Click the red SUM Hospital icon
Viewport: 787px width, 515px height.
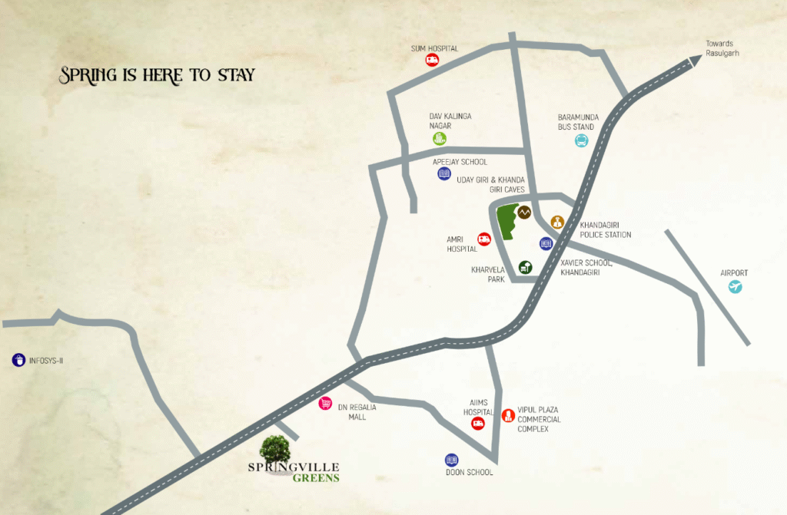[x=433, y=61]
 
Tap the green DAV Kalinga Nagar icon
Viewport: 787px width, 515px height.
[x=439, y=139]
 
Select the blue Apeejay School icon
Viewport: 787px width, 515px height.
[x=443, y=174]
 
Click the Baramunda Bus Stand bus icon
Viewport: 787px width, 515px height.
[x=582, y=140]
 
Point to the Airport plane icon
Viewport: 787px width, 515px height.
[x=736, y=287]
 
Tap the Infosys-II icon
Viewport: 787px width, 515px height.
[x=18, y=359]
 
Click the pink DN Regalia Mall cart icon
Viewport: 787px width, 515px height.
[x=326, y=404]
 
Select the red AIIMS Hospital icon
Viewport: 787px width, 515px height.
[x=477, y=424]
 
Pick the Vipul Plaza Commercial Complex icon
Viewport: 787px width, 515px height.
[x=507, y=416]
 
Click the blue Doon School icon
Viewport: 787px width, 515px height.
[x=451, y=460]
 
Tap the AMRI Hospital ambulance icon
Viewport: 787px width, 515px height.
[x=484, y=239]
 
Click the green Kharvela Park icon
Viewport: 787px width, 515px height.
[x=525, y=267]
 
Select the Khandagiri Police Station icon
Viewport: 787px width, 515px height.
[x=557, y=222]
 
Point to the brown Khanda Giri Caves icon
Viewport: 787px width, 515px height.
[x=524, y=213]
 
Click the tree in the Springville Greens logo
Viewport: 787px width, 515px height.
[x=275, y=449]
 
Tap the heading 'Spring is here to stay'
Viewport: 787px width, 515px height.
[x=158, y=75]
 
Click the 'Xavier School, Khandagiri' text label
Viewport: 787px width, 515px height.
[x=586, y=268]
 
